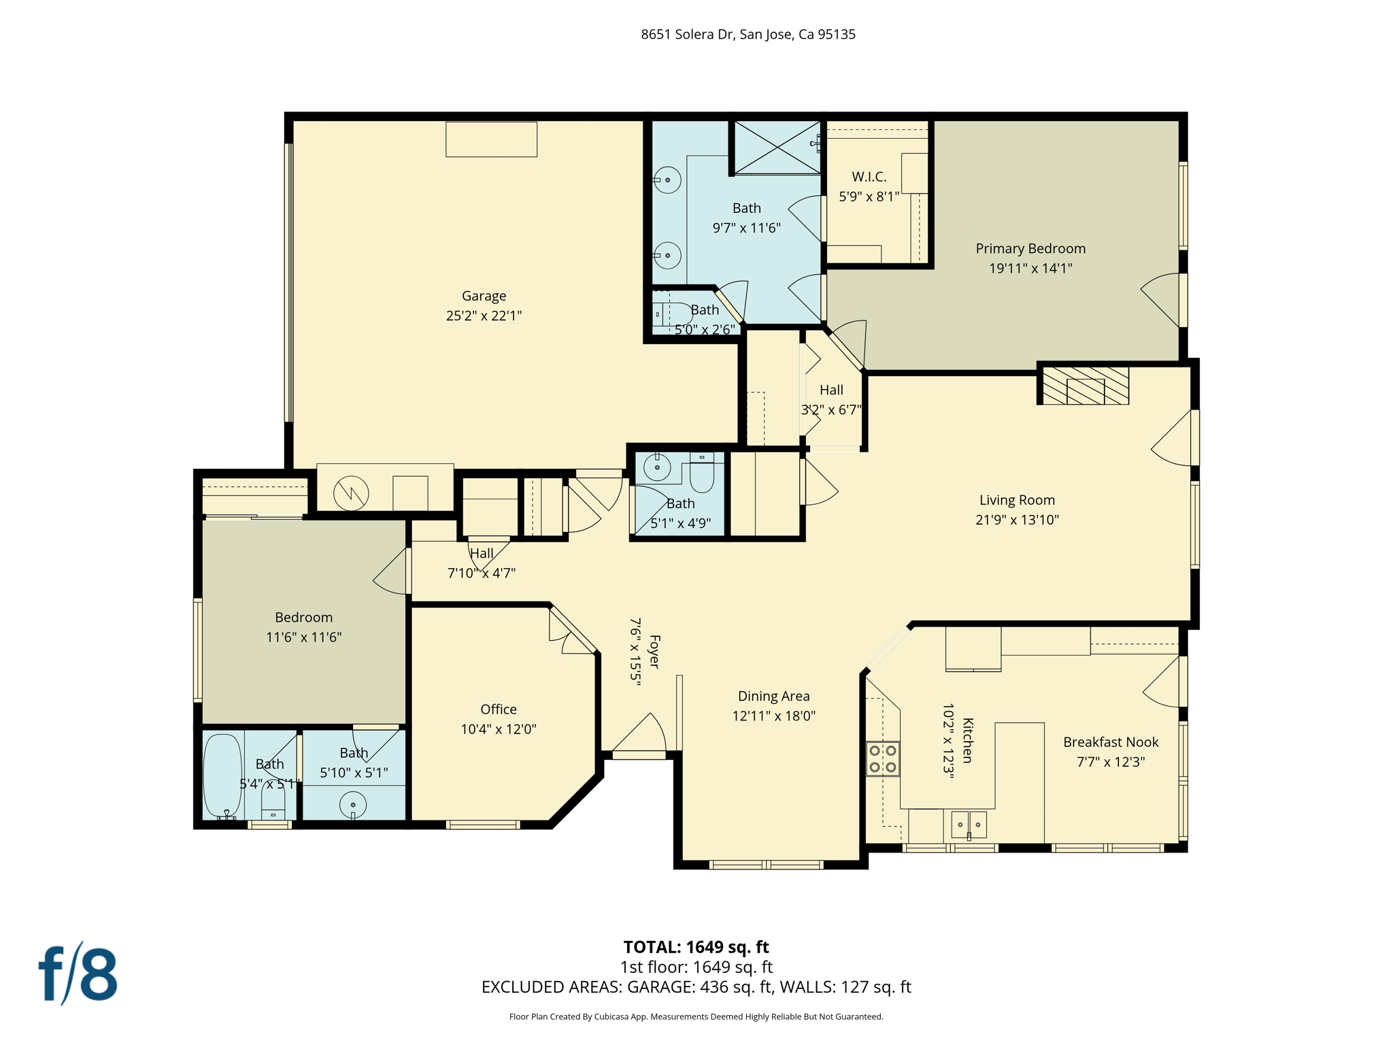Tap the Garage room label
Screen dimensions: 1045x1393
pos(484,296)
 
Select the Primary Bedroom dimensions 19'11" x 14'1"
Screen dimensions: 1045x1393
pos(1030,268)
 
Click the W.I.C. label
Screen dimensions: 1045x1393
pos(869,177)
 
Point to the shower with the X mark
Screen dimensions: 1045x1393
pos(777,146)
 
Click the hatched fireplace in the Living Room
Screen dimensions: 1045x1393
pos(1086,386)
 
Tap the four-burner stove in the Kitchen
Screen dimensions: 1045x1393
pos(882,759)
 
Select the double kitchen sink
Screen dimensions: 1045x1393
pos(969,825)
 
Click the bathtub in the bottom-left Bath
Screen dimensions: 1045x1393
pos(222,776)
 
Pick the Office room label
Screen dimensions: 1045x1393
pos(499,710)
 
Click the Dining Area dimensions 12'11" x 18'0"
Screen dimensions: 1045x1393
pos(773,716)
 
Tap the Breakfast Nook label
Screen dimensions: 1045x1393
pos(1110,742)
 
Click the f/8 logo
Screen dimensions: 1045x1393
pos(78,974)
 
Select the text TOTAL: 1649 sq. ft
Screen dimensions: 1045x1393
pos(696,947)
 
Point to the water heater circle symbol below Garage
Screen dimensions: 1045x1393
pos(351,493)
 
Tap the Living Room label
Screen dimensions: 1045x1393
pos(1017,500)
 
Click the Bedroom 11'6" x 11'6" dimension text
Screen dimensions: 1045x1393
pos(303,637)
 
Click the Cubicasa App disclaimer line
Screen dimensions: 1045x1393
pos(696,1016)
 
